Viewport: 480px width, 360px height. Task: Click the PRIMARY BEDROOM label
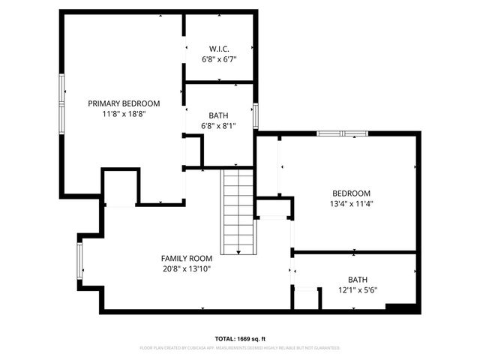(x=124, y=103)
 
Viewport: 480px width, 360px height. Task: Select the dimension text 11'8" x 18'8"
(x=124, y=115)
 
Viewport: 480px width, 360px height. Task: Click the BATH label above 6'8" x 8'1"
(x=219, y=115)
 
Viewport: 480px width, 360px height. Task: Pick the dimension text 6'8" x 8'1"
(x=219, y=126)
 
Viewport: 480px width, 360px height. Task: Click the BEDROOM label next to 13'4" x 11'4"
(x=351, y=192)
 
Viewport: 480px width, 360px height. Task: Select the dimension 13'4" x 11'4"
(x=351, y=203)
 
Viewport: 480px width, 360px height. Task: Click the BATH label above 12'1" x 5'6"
(x=358, y=279)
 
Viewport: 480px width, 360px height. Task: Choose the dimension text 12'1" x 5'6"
(x=358, y=290)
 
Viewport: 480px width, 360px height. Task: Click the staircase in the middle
(x=238, y=211)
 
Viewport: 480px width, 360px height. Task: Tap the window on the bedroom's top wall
(x=341, y=133)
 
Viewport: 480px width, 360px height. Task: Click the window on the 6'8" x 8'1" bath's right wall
(x=256, y=116)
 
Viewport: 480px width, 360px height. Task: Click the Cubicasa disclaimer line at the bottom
(x=239, y=348)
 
